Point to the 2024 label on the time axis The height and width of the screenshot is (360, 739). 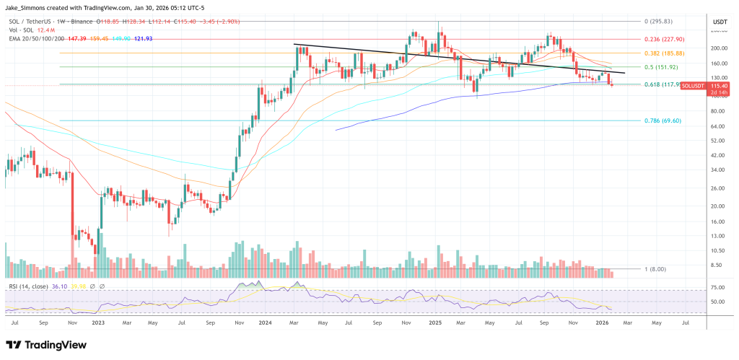coord(266,322)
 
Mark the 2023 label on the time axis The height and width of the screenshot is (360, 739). coord(98,322)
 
